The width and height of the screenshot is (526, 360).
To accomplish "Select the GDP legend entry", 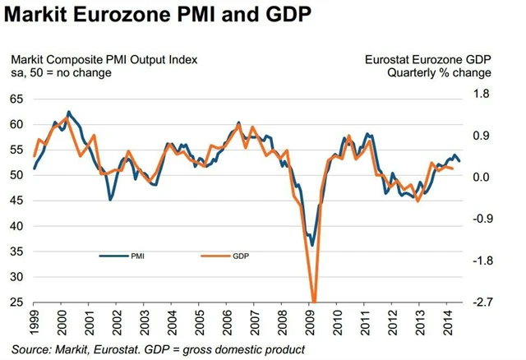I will pos(240,256).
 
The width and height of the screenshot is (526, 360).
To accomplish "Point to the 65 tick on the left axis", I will pos(16,99).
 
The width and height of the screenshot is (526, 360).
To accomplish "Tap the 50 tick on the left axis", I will pos(16,175).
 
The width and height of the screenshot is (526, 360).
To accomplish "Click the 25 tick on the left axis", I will pos(16,302).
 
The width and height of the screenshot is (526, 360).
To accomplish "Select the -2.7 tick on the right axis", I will pos(481,302).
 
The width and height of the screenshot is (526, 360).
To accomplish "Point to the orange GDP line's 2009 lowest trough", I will pos(314,301).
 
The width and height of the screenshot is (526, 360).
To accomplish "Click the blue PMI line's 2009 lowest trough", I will pos(311,245).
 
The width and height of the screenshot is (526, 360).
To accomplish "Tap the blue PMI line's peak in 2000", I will pos(68,112).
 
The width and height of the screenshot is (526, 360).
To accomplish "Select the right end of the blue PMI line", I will pos(459,161).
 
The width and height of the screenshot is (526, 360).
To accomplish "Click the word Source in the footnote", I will pos(34,349).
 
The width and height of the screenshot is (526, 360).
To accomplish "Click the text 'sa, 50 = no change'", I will pos(62,73).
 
